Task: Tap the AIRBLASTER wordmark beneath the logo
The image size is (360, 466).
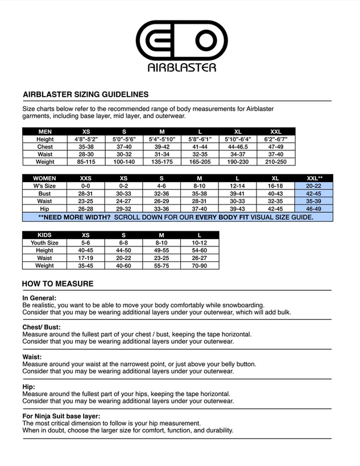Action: (x=181, y=68)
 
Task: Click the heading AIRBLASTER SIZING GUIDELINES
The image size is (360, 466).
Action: (x=85, y=94)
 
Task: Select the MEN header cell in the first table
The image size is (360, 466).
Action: (x=45, y=131)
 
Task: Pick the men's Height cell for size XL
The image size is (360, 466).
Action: (x=238, y=139)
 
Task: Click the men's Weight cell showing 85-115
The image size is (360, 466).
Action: (x=86, y=162)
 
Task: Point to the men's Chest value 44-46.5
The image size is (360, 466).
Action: (x=238, y=147)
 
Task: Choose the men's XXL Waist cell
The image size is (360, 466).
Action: (x=275, y=154)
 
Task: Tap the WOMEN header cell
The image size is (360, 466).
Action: (x=45, y=178)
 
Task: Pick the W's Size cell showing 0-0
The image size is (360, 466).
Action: (x=86, y=185)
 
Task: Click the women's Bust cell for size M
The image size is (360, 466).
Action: (x=199, y=193)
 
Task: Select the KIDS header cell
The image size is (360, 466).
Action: (x=45, y=235)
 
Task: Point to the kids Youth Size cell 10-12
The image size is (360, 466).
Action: (x=199, y=242)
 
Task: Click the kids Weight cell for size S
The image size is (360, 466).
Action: (x=123, y=265)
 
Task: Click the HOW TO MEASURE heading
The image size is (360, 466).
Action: (x=57, y=284)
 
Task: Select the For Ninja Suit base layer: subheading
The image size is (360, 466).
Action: (x=61, y=416)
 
